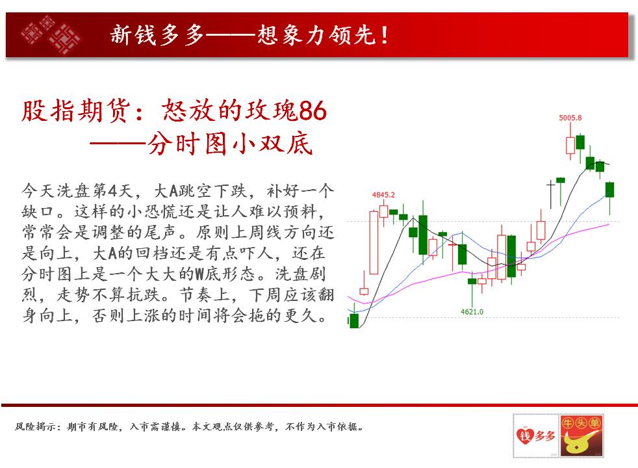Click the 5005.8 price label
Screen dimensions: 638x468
[x=570, y=118]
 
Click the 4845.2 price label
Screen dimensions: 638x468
[x=383, y=194]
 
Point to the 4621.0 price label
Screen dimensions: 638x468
[x=472, y=312]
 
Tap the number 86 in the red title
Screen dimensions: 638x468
[x=313, y=110]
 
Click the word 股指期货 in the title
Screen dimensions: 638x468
[x=75, y=110]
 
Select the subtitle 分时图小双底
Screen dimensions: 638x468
[x=230, y=143]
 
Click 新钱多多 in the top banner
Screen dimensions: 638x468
[x=157, y=34]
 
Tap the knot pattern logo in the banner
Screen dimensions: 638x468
[x=51, y=35]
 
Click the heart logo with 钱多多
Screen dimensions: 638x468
[x=535, y=436]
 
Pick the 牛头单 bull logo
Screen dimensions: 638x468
[x=581, y=436]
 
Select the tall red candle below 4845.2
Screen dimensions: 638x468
[x=374, y=242]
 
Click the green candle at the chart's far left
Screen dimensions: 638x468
[x=354, y=320]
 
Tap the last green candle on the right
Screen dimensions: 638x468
[x=609, y=190]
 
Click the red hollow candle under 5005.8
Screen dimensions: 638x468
[x=570, y=146]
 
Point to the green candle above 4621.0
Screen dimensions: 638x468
[x=472, y=281]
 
